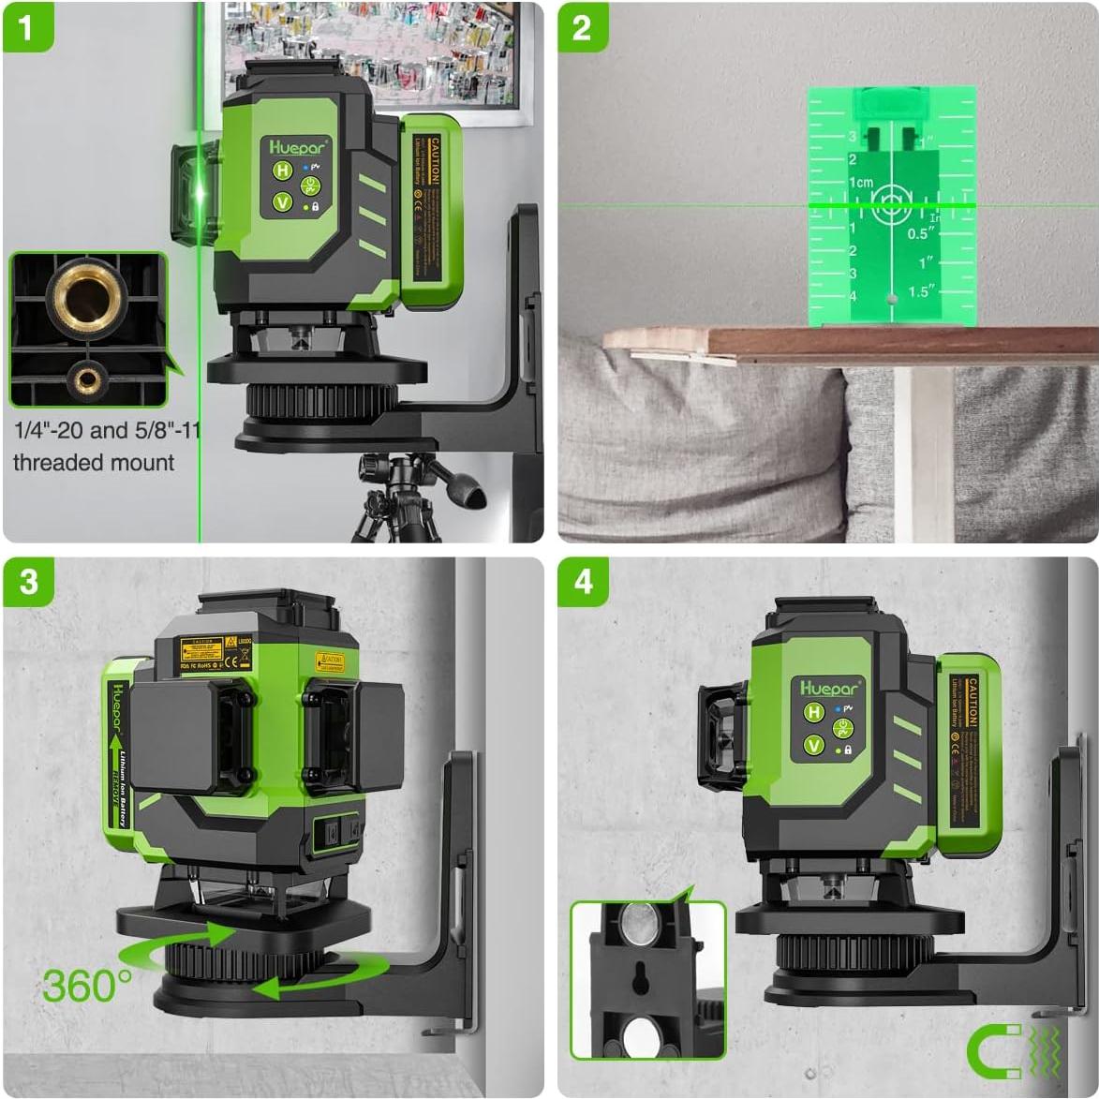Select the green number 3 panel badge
pos(28,583)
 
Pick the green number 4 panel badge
pos(583,583)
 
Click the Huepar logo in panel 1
pos(298,146)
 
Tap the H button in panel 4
pos(812,714)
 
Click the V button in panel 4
pos(812,747)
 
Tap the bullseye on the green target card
pos(890,203)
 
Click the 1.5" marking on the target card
pos(921,291)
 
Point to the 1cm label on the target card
pos(861,183)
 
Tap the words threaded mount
pos(94,463)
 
